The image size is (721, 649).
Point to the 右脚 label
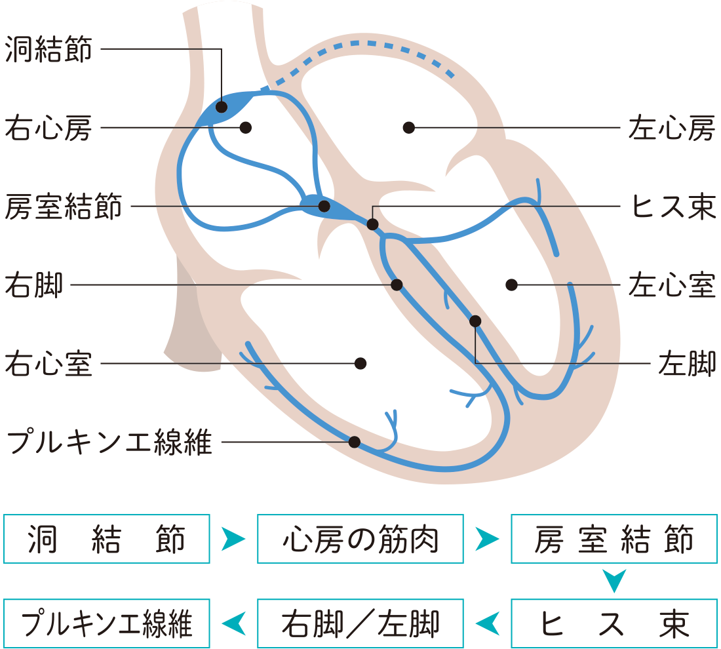[33, 286]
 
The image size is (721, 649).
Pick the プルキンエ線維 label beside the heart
[108, 443]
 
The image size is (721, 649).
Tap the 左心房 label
[671, 128]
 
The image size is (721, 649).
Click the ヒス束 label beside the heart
[671, 206]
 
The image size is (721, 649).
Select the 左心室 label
[671, 286]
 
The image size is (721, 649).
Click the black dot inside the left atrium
[409, 127]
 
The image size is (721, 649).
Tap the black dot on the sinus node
[222, 106]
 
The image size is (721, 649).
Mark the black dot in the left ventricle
[512, 285]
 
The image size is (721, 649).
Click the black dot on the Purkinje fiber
[355, 442]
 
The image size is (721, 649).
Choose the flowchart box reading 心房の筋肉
[360, 540]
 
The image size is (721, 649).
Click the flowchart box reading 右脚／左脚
[360, 623]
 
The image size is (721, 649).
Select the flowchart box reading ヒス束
[614, 623]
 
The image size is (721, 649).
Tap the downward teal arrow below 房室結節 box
[614, 581]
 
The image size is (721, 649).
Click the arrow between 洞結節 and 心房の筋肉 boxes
[233, 540]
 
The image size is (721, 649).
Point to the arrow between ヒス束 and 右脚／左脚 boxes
[487, 623]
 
